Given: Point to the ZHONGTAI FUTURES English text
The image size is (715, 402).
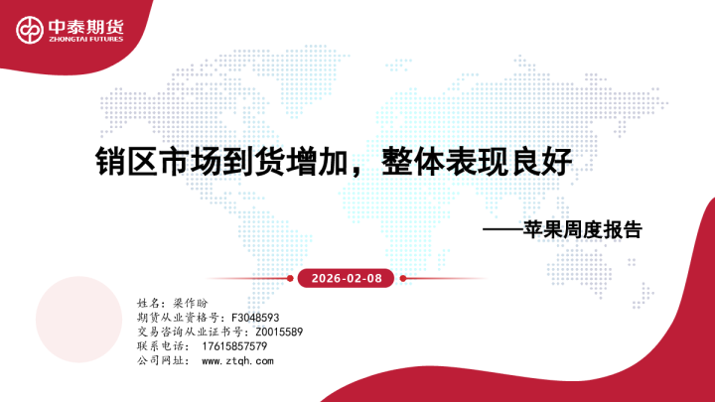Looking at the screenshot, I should click(84, 40).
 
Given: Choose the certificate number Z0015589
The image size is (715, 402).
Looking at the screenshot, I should click(279, 332).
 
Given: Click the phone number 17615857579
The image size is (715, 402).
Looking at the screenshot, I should click(234, 346).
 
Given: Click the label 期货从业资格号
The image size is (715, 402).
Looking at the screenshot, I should click(167, 317).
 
